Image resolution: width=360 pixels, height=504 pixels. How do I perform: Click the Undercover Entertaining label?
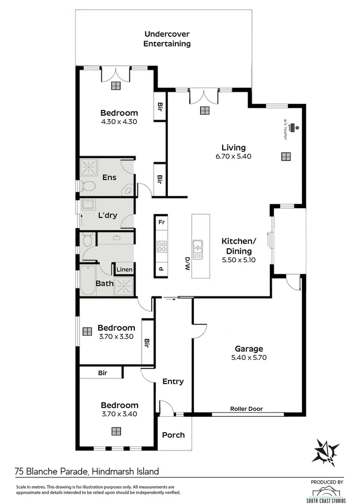point(167,39)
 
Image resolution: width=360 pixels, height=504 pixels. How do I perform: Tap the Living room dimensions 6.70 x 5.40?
point(233,156)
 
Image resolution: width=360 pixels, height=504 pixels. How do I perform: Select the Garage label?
point(249,349)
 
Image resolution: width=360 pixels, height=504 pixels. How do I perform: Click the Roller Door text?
point(246,409)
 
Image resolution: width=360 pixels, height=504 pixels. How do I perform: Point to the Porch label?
point(173,435)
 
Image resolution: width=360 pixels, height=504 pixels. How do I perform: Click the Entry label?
point(173,381)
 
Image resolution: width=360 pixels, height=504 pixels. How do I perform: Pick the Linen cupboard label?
point(124,270)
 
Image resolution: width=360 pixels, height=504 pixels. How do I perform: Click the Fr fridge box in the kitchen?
point(161,222)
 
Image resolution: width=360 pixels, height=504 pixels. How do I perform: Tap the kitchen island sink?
point(198,249)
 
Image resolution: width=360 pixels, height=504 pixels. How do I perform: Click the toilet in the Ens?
point(87,187)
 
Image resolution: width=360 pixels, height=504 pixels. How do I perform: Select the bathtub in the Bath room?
point(88,281)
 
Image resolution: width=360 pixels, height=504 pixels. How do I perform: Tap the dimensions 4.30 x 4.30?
point(119,121)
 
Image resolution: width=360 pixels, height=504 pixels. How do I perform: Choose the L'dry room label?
point(107,215)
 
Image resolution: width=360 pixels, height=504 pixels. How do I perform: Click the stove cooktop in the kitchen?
point(161,246)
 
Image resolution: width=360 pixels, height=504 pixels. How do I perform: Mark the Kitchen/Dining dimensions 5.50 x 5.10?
point(239,260)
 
